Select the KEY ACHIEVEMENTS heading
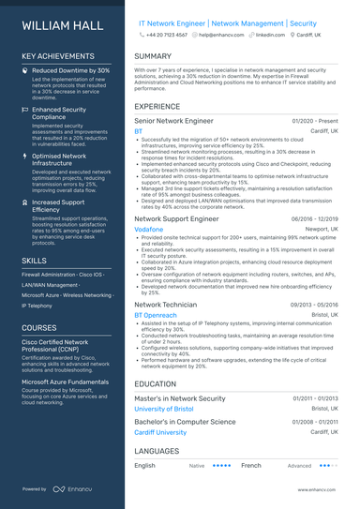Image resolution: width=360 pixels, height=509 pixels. click(x=58, y=56)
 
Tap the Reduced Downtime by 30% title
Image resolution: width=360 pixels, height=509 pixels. click(x=71, y=70)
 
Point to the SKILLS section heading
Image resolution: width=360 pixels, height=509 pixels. click(x=34, y=261)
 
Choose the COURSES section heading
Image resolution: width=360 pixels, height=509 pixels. click(x=39, y=328)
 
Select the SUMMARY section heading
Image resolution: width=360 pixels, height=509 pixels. click(x=153, y=56)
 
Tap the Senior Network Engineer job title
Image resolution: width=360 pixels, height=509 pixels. click(x=174, y=121)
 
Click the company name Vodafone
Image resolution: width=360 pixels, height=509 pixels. click(x=148, y=229)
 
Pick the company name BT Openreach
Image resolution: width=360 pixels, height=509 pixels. click(x=155, y=315)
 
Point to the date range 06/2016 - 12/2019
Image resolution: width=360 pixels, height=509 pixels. click(x=315, y=218)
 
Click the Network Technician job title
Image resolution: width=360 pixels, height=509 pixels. click(x=165, y=305)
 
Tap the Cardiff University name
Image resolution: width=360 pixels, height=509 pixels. click(x=160, y=432)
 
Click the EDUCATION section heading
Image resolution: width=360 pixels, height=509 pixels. click(x=156, y=383)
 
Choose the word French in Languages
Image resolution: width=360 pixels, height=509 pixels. click(x=250, y=465)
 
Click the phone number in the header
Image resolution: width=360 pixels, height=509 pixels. click(x=167, y=34)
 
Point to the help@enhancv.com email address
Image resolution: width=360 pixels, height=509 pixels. click(x=221, y=34)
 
